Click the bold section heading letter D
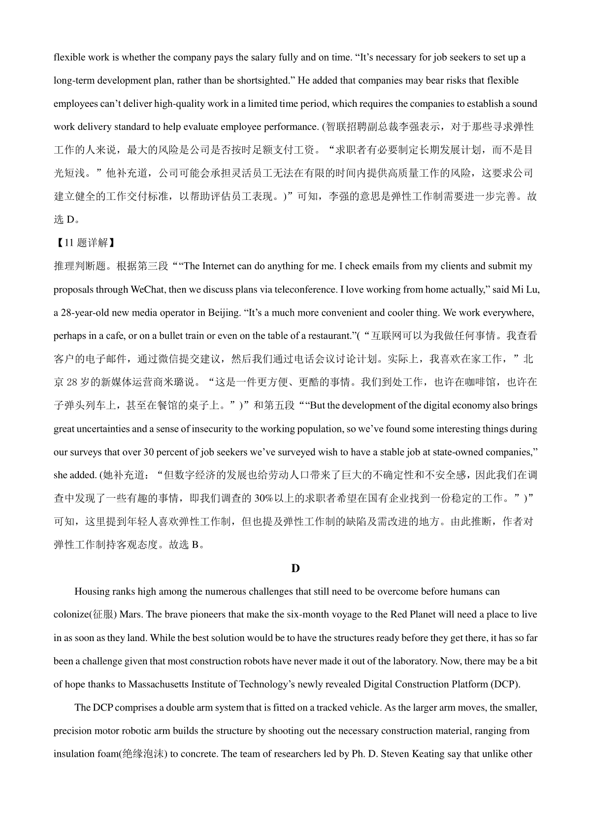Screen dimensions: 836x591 [x=295, y=568]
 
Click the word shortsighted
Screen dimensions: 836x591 [x=260, y=80]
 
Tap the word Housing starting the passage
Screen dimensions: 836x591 [x=92, y=591]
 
